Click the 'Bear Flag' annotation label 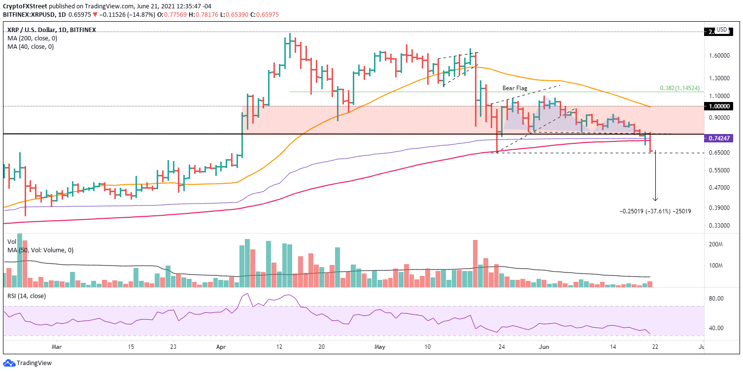(x=515, y=88)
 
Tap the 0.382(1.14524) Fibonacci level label (x=680, y=88)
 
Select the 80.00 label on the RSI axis (x=716, y=299)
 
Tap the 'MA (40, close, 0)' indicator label (x=31, y=47)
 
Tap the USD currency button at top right (x=721, y=30)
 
